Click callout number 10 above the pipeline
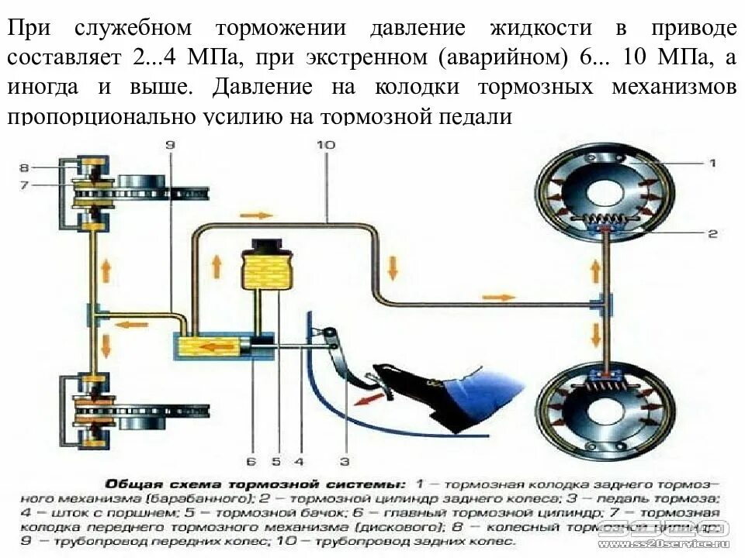click(x=326, y=145)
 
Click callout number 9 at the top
click(x=171, y=145)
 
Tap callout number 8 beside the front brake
click(x=24, y=167)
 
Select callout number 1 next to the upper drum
click(x=712, y=163)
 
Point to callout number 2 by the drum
click(x=712, y=232)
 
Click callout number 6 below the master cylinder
click(x=251, y=462)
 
